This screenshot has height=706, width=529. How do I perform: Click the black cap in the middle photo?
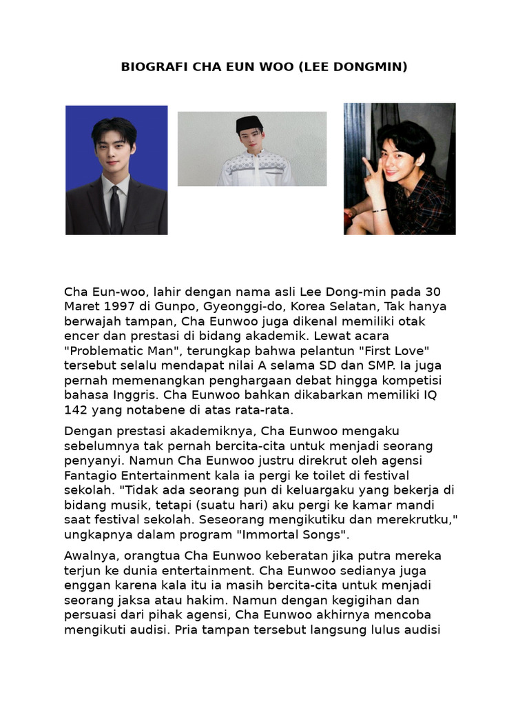(x=249, y=124)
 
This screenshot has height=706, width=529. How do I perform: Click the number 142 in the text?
(x=77, y=410)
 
